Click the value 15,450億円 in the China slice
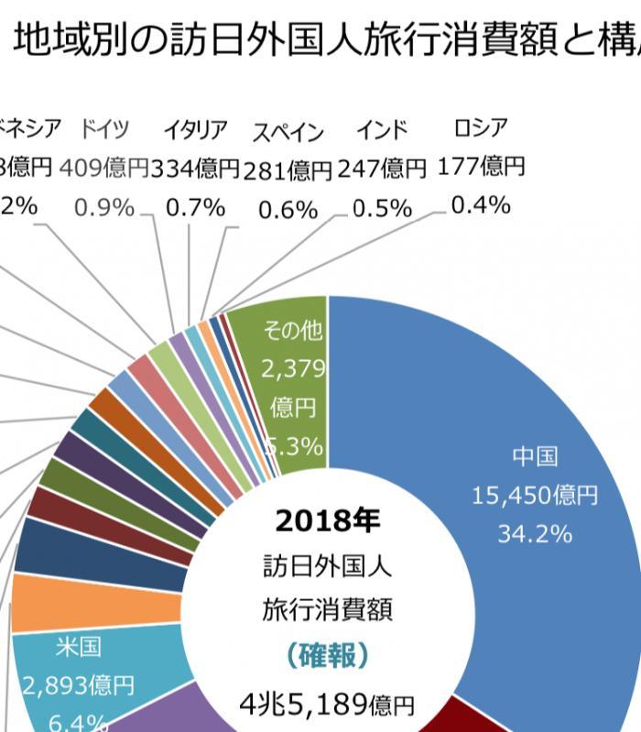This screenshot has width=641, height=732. point(535,496)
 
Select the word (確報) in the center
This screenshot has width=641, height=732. point(327,655)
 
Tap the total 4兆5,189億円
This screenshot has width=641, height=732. point(327,704)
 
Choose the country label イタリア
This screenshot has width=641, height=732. point(195,130)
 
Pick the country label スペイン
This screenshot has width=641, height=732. point(288,132)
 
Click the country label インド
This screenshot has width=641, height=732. point(382,129)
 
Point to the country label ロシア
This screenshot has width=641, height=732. point(480,126)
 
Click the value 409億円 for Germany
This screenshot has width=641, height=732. point(103,168)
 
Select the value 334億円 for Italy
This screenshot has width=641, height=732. point(194,169)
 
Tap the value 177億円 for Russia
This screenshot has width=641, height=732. point(481,166)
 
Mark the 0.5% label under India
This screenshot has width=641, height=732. point(382,208)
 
